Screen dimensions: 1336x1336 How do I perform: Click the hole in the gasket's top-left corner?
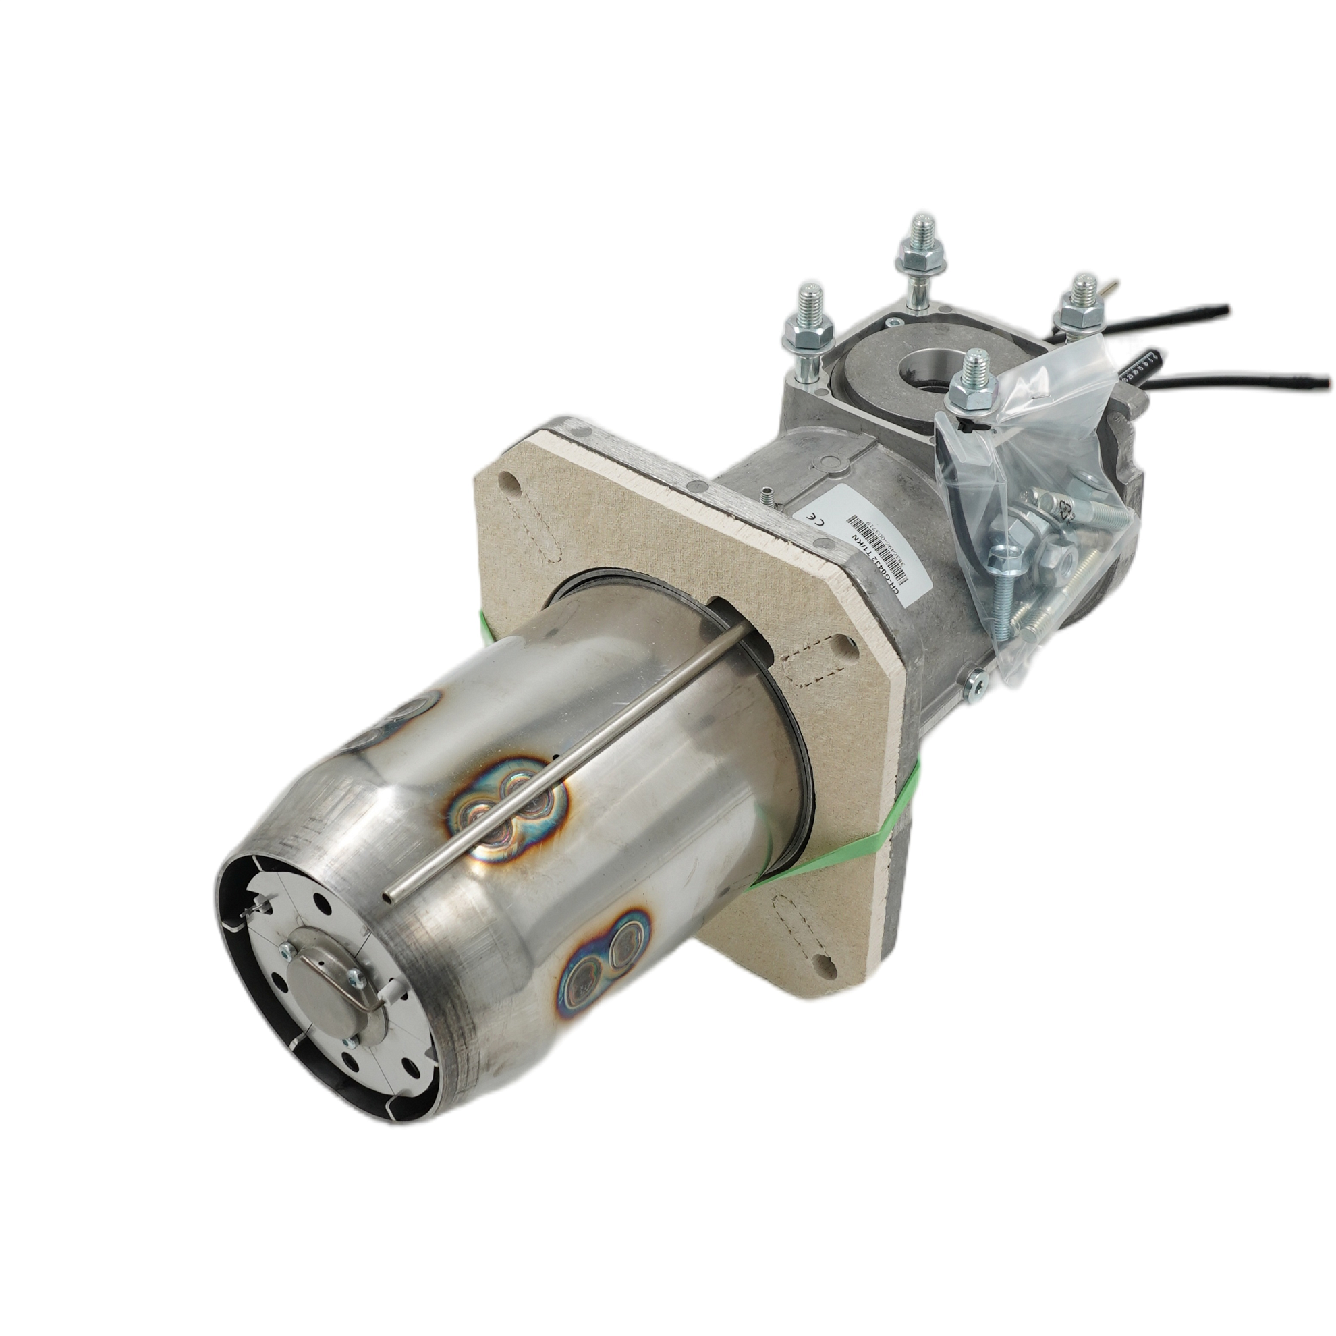click(x=508, y=482)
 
